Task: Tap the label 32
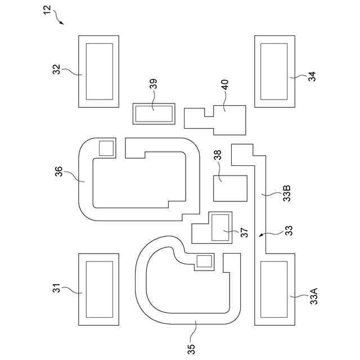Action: (x=56, y=70)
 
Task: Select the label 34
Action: (x=312, y=77)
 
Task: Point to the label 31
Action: (x=56, y=289)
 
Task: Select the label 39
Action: (x=154, y=84)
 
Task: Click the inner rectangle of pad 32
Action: (x=99, y=71)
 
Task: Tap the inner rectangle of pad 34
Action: (x=275, y=71)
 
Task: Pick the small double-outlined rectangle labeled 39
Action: (x=154, y=115)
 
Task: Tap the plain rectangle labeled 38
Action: (x=230, y=188)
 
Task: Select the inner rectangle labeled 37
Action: (x=220, y=228)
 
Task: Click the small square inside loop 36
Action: (x=106, y=148)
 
